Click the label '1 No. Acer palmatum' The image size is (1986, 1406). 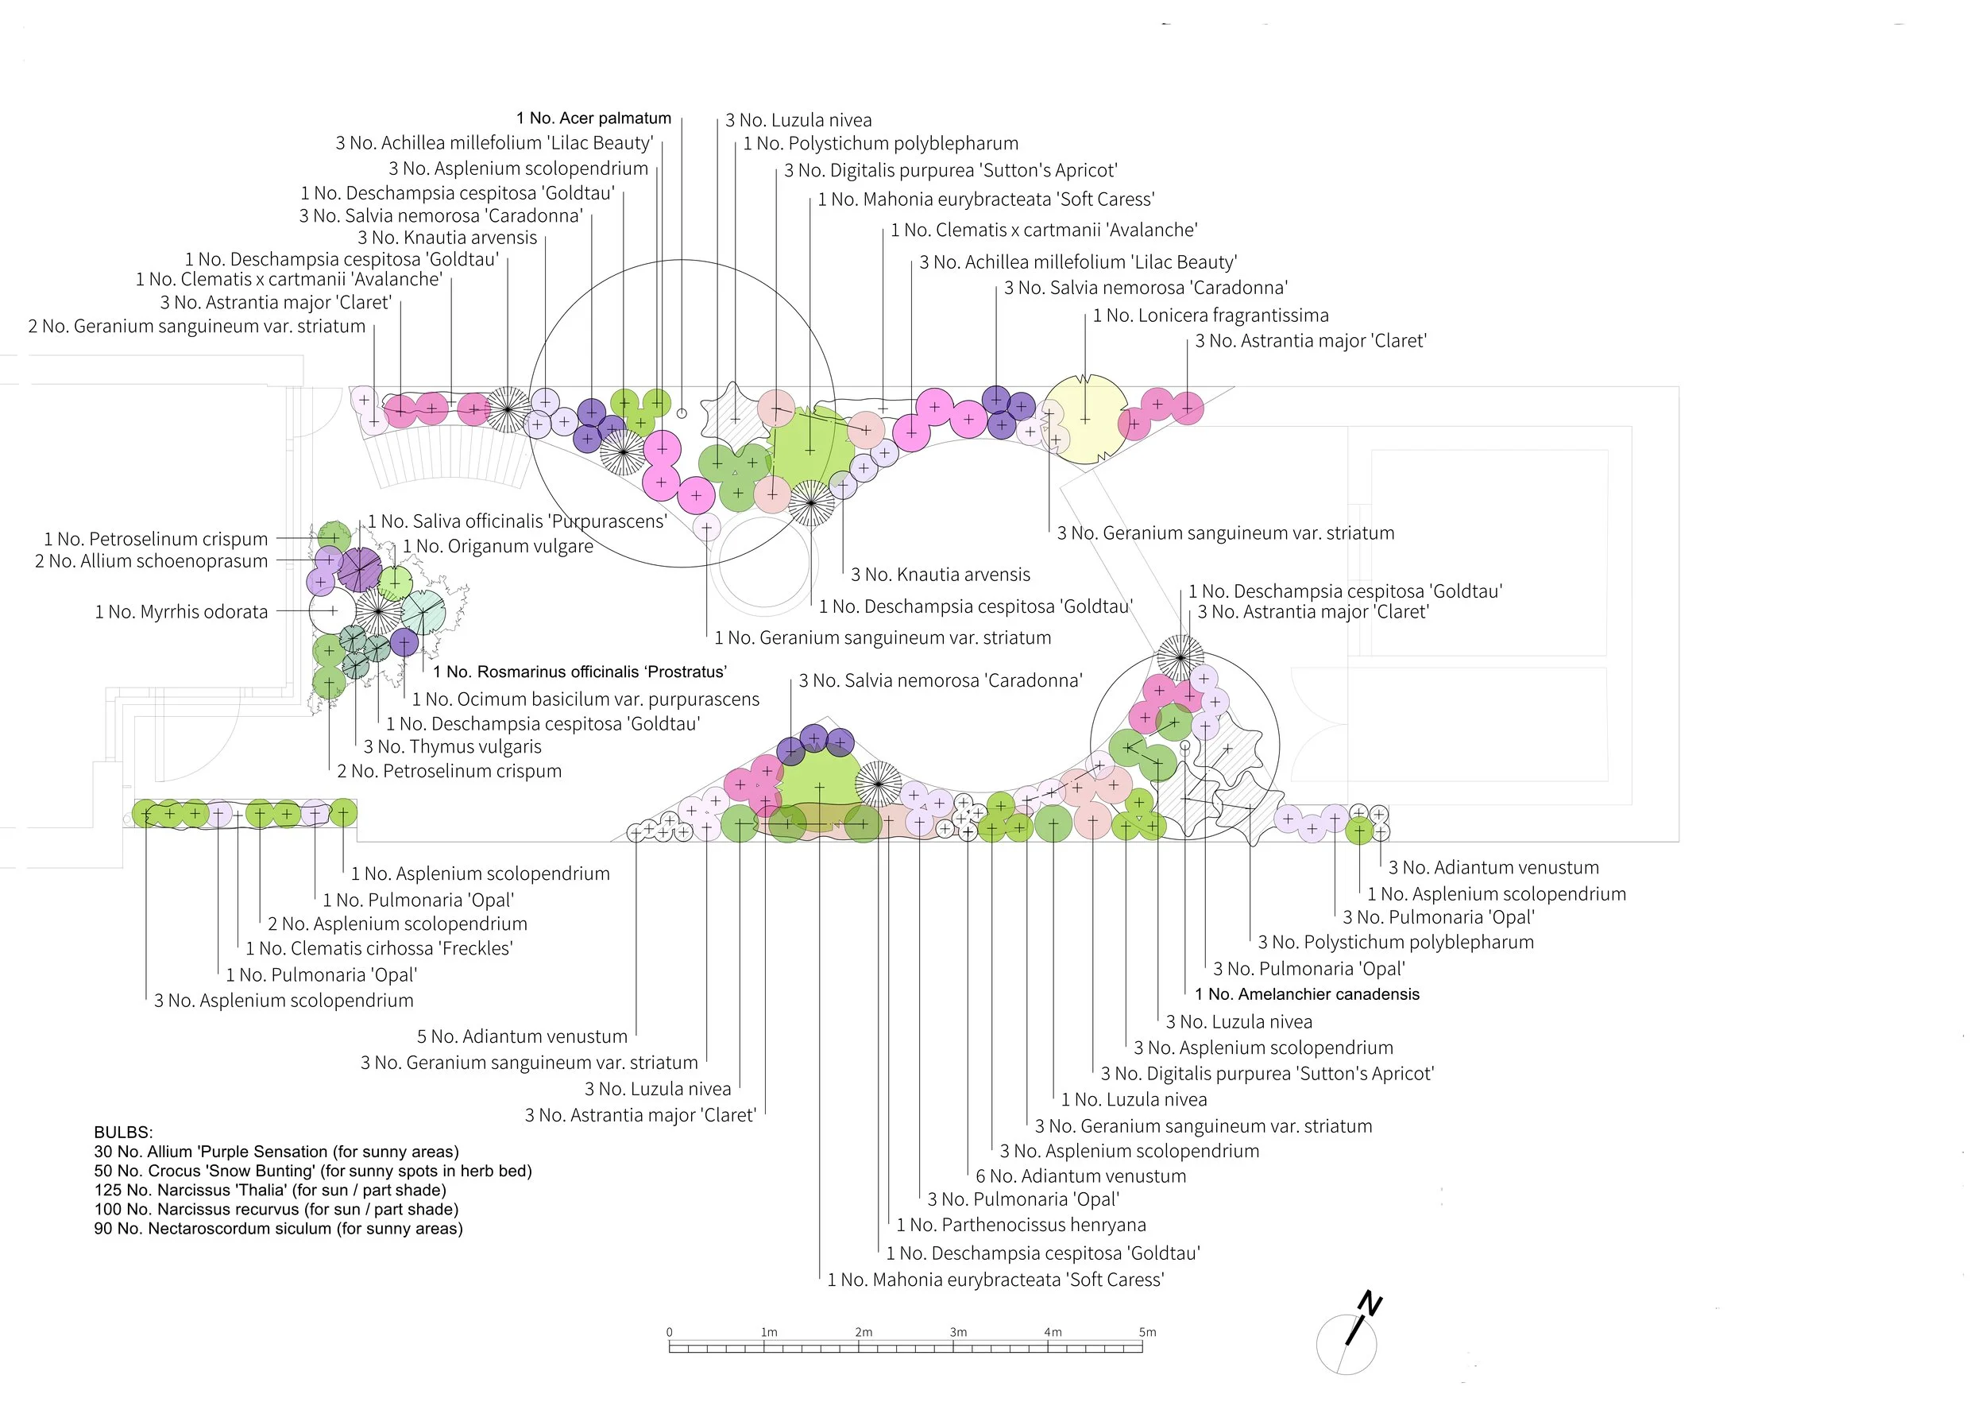pyautogui.click(x=593, y=118)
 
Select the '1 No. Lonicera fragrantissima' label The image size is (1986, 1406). pyautogui.click(x=1211, y=316)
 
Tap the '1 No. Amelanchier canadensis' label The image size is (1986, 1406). pyautogui.click(x=1307, y=995)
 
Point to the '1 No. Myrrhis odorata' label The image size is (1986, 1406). pyautogui.click(x=181, y=612)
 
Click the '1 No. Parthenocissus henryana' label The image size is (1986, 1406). pyautogui.click(x=1021, y=1225)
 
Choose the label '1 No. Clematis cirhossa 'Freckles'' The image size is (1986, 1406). pyautogui.click(x=379, y=949)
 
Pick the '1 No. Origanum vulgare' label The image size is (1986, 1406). pyautogui.click(x=498, y=546)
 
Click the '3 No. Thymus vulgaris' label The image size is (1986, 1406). pyautogui.click(x=453, y=747)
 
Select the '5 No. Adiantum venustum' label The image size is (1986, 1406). pyautogui.click(x=522, y=1037)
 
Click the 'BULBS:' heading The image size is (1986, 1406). pyautogui.click(x=123, y=1133)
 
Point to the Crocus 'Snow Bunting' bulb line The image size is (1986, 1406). pyautogui.click(x=312, y=1172)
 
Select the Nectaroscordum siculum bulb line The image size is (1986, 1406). pyautogui.click(x=278, y=1230)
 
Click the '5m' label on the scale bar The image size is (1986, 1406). pyautogui.click(x=1147, y=1332)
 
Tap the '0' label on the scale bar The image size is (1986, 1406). pyautogui.click(x=669, y=1332)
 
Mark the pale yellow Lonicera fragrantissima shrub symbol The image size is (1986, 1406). pyautogui.click(x=1085, y=420)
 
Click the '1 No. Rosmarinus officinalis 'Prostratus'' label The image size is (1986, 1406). pyautogui.click(x=580, y=672)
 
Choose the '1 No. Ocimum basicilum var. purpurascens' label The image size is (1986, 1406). pyautogui.click(x=585, y=699)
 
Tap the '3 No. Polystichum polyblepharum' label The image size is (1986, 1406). pyautogui.click(x=1395, y=943)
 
